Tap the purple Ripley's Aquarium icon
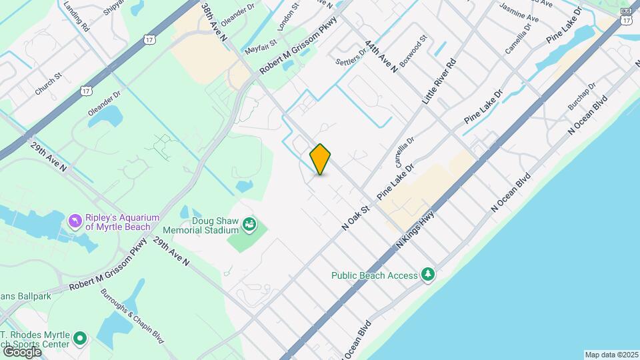click(x=75, y=219)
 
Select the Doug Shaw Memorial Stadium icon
click(x=249, y=224)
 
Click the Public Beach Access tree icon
click(x=427, y=274)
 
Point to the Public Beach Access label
click(x=375, y=275)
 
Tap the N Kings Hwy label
click(x=415, y=231)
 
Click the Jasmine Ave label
click(x=519, y=14)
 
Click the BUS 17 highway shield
click(x=625, y=17)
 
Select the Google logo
click(x=21, y=351)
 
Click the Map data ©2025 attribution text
click(x=611, y=355)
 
